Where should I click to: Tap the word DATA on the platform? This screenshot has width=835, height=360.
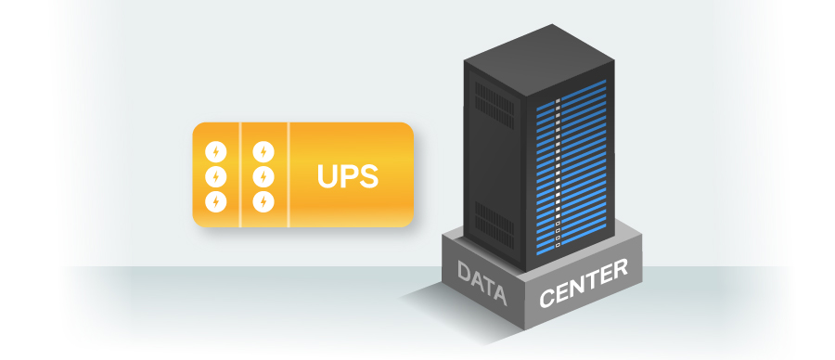pos(482,284)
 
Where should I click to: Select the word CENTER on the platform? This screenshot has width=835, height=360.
pos(584,284)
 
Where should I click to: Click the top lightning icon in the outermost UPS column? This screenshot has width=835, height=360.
pos(216,150)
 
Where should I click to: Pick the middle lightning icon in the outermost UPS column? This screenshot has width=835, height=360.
pos(216,174)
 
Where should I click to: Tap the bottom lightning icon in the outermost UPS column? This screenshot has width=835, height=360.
pos(216,199)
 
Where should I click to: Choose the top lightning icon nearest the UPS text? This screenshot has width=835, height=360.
pos(264,150)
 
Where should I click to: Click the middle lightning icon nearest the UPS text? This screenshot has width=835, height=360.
pos(264,174)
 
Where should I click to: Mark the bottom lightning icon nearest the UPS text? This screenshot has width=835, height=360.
pos(264,199)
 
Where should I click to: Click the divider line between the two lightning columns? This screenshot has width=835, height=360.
pos(241,174)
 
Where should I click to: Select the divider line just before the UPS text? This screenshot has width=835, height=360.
pos(289,174)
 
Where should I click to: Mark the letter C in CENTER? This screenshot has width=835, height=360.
pos(546,299)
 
